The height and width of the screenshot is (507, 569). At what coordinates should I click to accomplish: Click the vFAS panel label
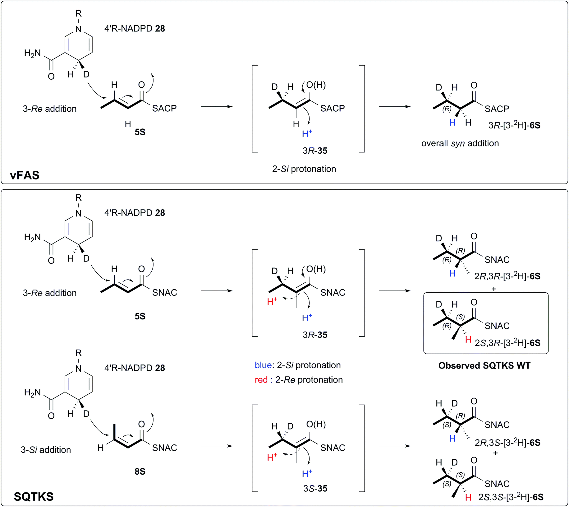point(25,175)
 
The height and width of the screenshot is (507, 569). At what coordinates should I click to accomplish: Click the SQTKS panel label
point(34,496)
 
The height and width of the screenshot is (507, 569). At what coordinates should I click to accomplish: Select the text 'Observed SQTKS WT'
point(484,365)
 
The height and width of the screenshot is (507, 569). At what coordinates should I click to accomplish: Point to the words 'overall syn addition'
point(460,143)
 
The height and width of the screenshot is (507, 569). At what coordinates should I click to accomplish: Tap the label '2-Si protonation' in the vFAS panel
point(304,169)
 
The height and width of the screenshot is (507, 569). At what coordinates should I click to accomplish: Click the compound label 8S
point(140,472)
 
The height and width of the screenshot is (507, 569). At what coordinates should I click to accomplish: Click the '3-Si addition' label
point(46,450)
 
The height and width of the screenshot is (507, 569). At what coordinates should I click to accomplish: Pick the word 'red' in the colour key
point(261,380)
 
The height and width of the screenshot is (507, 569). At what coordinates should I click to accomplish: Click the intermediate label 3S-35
point(315,488)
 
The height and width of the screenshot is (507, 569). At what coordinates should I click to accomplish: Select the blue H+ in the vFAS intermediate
point(307,134)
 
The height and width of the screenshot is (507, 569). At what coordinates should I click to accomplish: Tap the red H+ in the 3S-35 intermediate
point(272,457)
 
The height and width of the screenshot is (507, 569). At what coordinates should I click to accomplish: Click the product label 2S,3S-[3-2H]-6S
point(511,497)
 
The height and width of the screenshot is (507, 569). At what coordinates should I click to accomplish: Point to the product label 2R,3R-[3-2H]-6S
point(507,276)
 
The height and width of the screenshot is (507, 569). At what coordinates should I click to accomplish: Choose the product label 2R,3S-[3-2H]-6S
point(507,442)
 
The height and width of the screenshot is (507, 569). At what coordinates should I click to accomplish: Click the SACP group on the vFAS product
point(497,109)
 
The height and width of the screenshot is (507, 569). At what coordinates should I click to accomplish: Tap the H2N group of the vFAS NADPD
point(33,53)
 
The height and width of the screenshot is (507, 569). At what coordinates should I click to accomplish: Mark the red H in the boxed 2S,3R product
point(468,340)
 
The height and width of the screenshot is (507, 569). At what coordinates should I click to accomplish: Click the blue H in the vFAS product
point(452,123)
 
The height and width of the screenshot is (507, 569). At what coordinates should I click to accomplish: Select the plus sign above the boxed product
point(494,289)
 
